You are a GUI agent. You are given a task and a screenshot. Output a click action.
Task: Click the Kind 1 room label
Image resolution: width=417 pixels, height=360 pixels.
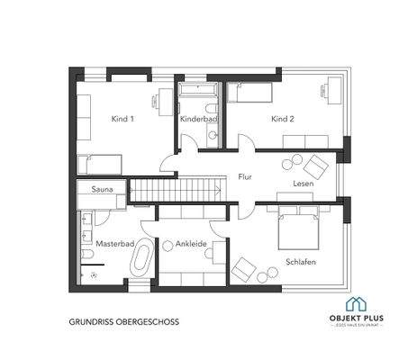(123, 119)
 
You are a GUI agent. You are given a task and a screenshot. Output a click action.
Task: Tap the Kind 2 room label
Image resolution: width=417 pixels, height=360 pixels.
(284, 119)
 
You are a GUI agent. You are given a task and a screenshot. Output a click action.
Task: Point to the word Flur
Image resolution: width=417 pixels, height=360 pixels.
(245, 177)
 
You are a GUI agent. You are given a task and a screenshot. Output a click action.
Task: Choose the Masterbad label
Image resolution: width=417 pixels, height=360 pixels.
(113, 244)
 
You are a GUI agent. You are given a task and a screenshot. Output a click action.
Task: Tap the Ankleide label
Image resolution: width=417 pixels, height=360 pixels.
(192, 243)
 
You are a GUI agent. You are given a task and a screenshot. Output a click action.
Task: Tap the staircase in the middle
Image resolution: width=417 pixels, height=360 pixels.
(177, 191)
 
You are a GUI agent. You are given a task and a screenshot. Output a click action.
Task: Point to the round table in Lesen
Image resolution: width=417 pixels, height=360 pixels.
(290, 163)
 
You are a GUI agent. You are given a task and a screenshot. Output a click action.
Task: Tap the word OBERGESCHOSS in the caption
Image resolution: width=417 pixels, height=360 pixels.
(139, 319)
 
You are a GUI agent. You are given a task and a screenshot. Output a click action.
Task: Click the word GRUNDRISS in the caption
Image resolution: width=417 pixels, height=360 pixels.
(87, 319)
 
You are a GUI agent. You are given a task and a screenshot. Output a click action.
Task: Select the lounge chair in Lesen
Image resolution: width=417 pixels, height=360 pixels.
(316, 166)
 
